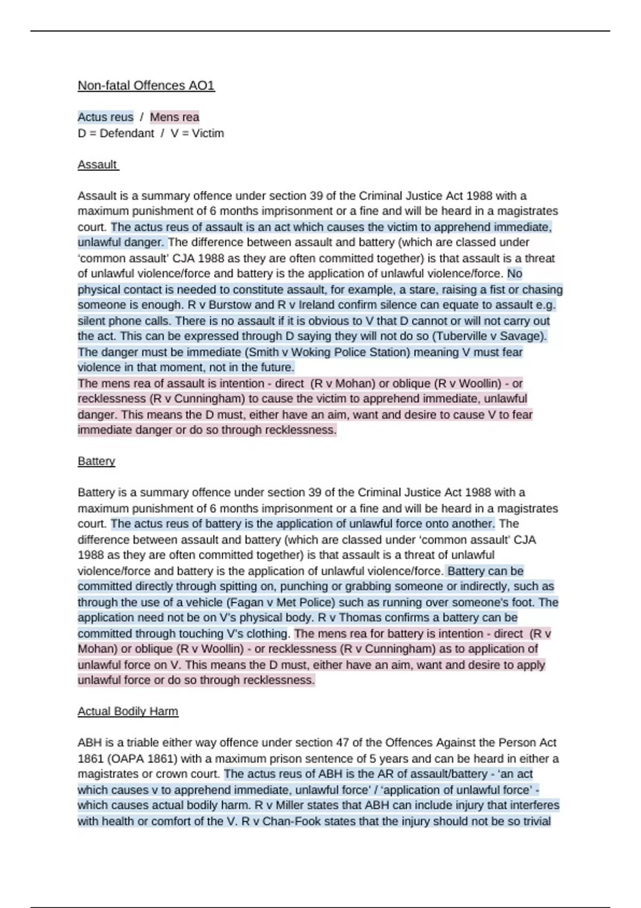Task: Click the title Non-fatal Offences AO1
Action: tap(146, 85)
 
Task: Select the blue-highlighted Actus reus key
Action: tap(105, 117)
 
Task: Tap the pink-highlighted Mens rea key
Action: tap(174, 117)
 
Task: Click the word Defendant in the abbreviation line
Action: tap(127, 133)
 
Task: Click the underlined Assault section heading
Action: tap(97, 165)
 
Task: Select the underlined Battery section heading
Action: tap(96, 461)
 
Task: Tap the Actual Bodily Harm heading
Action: tap(128, 711)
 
